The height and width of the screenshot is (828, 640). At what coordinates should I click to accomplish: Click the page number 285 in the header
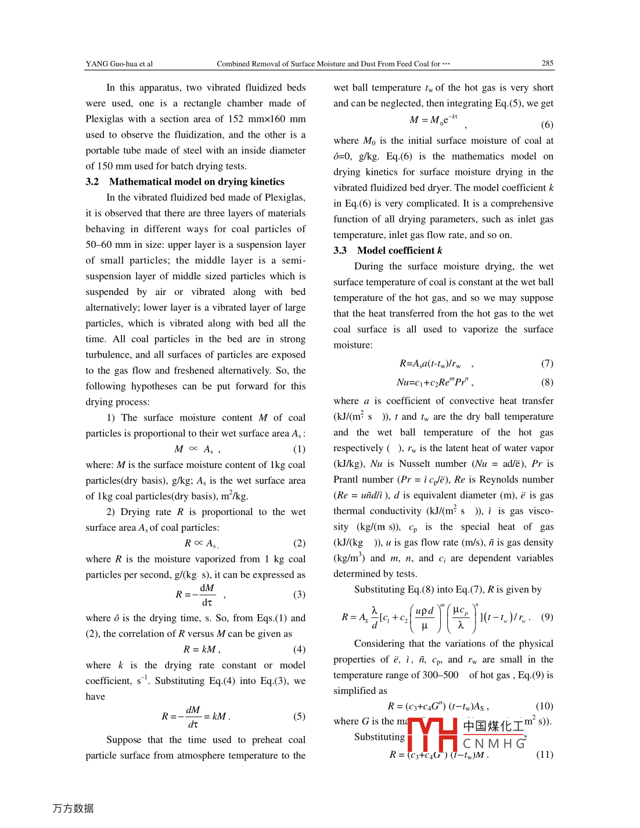click(x=547, y=63)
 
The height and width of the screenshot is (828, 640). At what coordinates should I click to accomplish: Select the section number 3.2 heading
click(x=92, y=182)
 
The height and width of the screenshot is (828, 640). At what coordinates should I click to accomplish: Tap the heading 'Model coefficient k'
click(x=400, y=250)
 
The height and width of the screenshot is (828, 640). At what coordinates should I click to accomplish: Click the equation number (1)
click(x=299, y=449)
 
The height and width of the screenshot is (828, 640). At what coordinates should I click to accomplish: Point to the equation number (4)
click(x=299, y=649)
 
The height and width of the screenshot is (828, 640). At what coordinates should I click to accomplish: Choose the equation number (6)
click(x=547, y=124)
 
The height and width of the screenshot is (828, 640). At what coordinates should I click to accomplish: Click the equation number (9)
click(x=547, y=617)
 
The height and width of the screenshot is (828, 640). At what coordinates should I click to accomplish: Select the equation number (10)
click(x=544, y=706)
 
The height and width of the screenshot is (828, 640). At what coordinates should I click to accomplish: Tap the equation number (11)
click(x=544, y=754)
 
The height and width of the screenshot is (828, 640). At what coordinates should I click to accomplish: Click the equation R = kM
click(x=200, y=649)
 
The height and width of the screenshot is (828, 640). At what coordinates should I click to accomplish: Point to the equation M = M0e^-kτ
click(x=433, y=120)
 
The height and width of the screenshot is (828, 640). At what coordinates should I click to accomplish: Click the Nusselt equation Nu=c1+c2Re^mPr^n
click(x=434, y=382)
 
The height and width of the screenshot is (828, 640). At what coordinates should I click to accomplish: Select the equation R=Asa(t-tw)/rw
click(x=430, y=363)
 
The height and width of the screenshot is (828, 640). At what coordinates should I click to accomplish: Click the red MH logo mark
click(x=433, y=735)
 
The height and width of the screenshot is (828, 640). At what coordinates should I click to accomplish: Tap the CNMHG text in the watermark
click(x=494, y=743)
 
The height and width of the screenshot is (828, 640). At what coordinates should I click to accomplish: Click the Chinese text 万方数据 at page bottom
click(x=73, y=808)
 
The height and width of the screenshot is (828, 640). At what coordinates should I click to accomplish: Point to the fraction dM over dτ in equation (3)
click(x=207, y=595)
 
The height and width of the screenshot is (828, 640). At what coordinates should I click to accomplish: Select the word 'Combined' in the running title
click(x=232, y=64)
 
